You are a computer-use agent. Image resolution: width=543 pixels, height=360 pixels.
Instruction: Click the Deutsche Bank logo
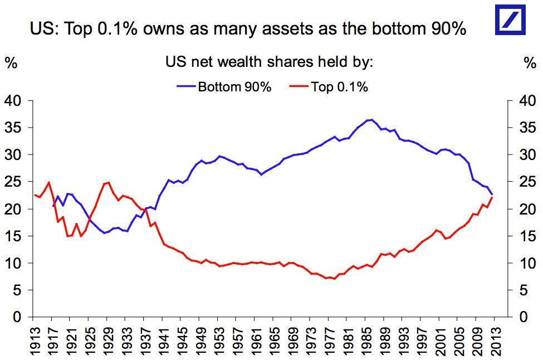tap(511, 21)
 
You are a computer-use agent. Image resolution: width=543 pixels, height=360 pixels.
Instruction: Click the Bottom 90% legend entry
tap(234, 87)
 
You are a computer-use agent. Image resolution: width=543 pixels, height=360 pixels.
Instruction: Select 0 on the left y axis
tap(16, 318)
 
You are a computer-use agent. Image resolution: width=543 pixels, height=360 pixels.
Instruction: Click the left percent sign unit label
tap(11, 62)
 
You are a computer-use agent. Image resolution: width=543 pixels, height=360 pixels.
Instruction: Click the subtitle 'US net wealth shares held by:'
tap(269, 62)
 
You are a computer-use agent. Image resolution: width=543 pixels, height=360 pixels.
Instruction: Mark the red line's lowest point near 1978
tap(334, 279)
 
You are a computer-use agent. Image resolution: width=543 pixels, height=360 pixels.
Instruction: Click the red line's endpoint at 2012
tap(492, 197)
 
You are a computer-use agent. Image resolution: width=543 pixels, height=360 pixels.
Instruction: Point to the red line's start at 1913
tap(35, 195)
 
